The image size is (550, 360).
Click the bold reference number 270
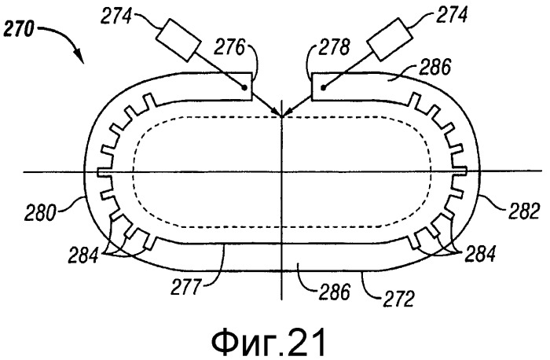tap(19, 30)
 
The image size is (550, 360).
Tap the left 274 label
tap(115, 17)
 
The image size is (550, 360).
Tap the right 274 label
tap(451, 15)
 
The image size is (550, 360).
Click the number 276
tap(229, 47)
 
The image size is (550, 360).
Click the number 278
tap(334, 47)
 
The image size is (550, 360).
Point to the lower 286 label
tap(334, 292)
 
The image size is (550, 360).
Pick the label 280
tap(39, 213)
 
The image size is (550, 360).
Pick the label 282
tap(523, 211)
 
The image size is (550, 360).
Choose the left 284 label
tap(84, 255)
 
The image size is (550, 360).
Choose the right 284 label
tap(480, 253)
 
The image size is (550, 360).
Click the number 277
tap(186, 288)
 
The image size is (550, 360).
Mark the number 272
tap(399, 298)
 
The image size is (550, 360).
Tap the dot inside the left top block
tap(244, 88)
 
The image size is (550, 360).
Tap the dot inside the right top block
tap(324, 88)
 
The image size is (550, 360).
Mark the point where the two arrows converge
tap(281, 116)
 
